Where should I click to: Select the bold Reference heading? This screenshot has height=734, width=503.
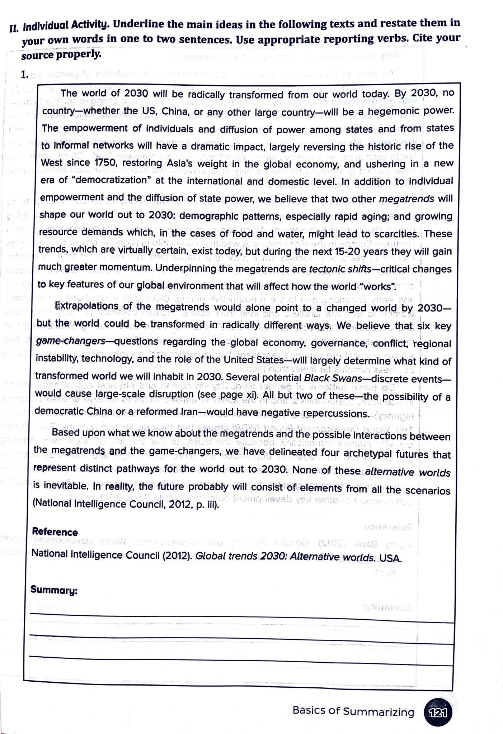[55, 532]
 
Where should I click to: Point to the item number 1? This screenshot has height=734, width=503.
[24, 75]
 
